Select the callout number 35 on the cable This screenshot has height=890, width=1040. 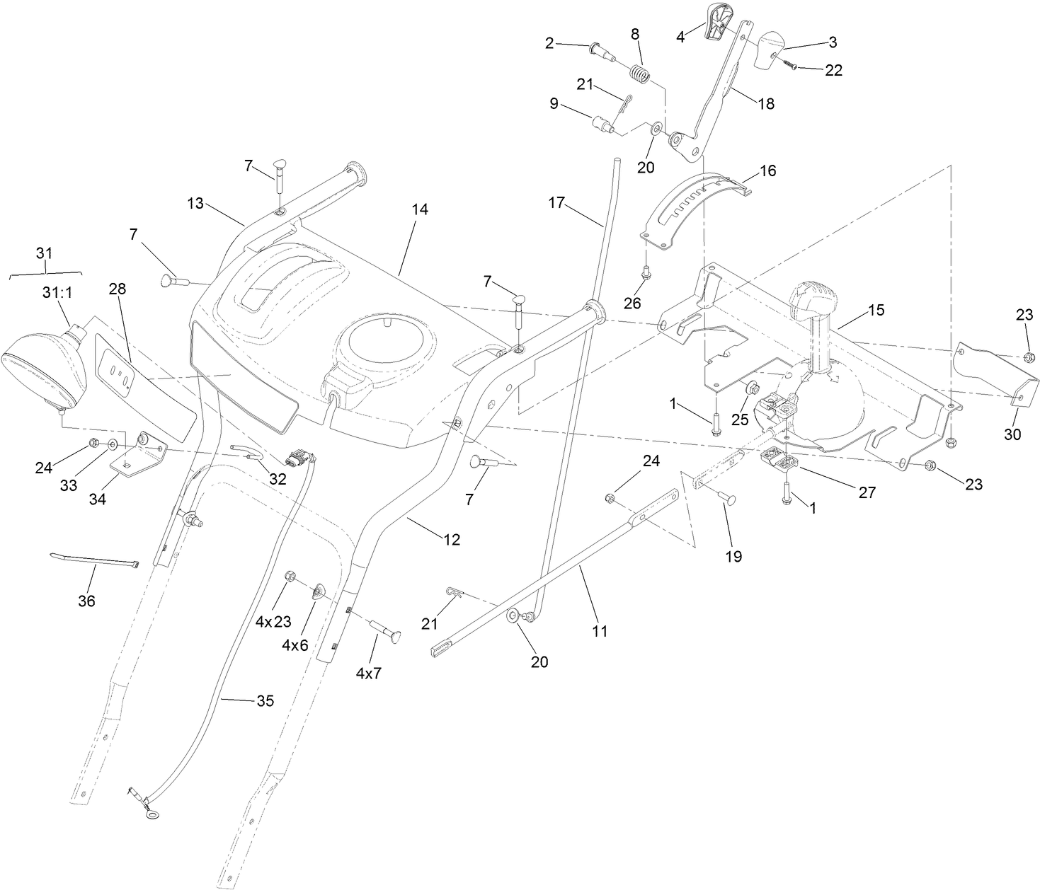[x=264, y=701]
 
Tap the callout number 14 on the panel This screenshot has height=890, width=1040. [x=420, y=210]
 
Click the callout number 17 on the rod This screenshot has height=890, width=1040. [x=556, y=203]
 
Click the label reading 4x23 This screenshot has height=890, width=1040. [x=273, y=622]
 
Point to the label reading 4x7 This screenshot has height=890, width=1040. [x=368, y=674]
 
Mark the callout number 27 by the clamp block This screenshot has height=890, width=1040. [x=867, y=492]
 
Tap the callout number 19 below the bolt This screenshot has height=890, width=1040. [x=733, y=556]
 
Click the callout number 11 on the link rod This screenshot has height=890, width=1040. [x=600, y=631]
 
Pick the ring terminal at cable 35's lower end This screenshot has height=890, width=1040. [x=149, y=814]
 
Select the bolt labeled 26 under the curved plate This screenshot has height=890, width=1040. [x=646, y=270]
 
